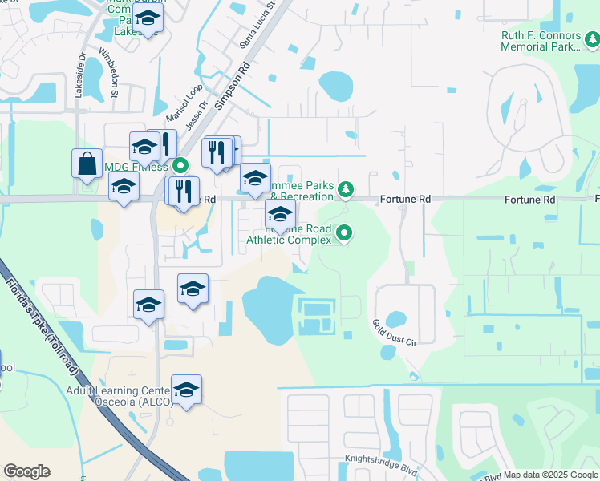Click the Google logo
(26, 471)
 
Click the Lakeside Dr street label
(80, 76)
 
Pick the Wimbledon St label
(108, 72)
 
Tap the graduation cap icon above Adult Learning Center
(186, 390)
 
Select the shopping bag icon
(87, 163)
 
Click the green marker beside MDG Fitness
(180, 167)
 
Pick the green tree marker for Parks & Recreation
(346, 189)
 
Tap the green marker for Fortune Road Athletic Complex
(345, 234)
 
